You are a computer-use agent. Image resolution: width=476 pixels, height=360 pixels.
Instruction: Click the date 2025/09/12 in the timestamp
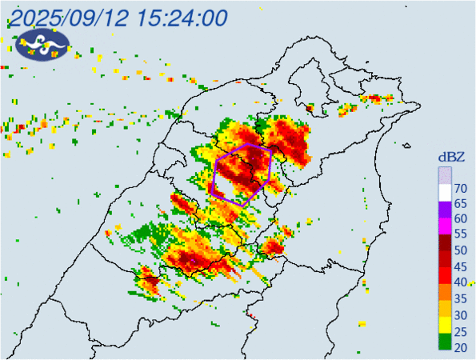point(68,17)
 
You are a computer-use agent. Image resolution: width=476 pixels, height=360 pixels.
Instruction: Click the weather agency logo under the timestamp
point(42,46)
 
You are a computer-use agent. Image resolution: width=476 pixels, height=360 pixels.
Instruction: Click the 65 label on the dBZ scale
point(461,204)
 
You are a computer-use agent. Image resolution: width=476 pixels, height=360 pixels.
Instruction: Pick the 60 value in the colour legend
point(461,219)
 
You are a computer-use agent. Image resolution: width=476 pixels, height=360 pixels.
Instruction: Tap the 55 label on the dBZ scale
point(461,235)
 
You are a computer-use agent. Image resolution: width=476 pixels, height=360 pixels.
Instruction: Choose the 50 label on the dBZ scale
point(461,250)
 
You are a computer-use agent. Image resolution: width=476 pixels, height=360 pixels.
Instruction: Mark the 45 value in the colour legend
point(461,266)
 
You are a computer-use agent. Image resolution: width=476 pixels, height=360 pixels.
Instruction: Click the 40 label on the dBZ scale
point(461,282)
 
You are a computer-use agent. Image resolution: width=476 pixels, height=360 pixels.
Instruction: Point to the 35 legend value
point(461,298)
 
